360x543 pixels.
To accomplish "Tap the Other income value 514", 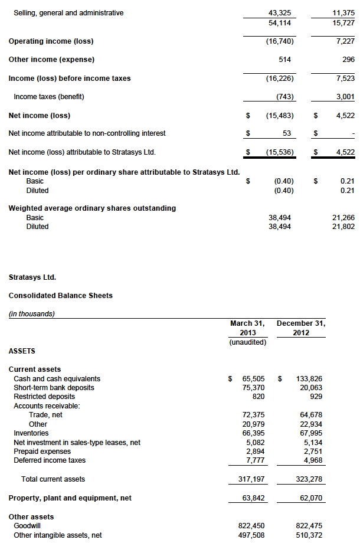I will (x=284, y=60).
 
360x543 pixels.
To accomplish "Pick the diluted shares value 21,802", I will (x=343, y=227).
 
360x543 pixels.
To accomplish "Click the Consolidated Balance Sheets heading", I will (x=60, y=295).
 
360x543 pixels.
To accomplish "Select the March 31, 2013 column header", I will (x=247, y=328).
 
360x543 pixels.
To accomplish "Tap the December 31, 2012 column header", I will (x=301, y=328).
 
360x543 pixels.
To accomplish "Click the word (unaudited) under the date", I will (x=248, y=342).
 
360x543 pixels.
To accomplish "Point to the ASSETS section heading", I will (x=22, y=351).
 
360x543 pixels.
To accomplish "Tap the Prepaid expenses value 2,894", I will (x=254, y=451).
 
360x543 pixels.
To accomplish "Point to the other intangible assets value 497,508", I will (x=251, y=535).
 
